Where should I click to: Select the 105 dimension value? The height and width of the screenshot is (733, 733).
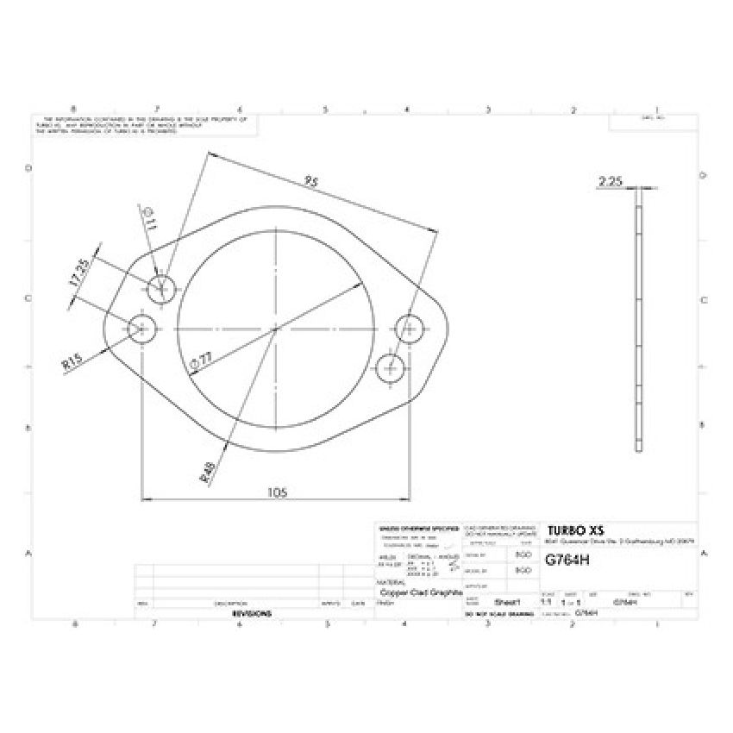(x=277, y=492)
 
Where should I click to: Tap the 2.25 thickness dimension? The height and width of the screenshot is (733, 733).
(x=610, y=181)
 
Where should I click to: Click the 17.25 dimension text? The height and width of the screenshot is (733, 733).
(x=78, y=272)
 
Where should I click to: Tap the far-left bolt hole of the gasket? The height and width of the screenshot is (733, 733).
(x=141, y=328)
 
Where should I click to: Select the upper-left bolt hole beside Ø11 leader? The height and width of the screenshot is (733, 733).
(x=161, y=291)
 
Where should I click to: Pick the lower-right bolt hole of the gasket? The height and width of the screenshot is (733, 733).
(x=392, y=366)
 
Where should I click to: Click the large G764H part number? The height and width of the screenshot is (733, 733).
(x=567, y=559)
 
